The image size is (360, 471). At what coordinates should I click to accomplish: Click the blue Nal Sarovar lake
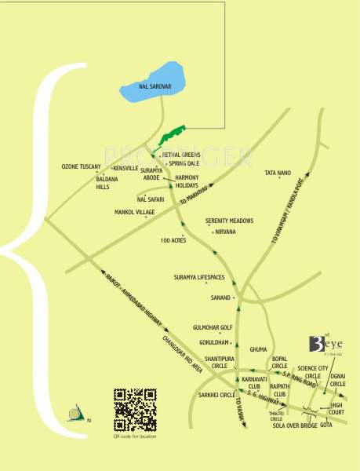pos(152,79)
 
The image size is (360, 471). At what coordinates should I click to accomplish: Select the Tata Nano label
pos(278,173)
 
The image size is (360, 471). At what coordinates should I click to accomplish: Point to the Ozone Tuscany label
pos(82,167)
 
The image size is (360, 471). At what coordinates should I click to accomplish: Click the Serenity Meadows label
pos(229,221)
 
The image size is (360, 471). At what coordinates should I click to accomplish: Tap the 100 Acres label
pos(173,240)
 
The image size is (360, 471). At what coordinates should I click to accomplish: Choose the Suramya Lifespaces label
pos(199,277)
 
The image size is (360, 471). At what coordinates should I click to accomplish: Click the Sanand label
pos(220,298)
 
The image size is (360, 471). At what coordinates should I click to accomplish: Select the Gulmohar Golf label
pos(213,327)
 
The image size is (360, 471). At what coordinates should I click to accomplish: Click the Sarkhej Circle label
pos(217,395)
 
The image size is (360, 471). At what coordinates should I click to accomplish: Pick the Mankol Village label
pos(134,213)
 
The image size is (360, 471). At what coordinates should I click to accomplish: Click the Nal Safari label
pos(148,199)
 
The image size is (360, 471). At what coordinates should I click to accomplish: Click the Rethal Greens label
pos(181,155)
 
